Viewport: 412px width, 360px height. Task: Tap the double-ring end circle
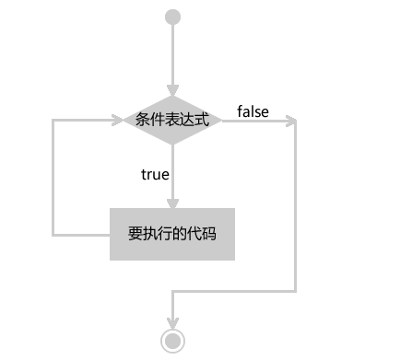(172, 339)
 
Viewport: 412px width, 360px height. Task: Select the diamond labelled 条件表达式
(172, 121)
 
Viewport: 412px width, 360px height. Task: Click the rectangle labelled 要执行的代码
(172, 234)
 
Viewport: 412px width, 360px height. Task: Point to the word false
(253, 112)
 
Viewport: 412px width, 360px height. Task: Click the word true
(155, 173)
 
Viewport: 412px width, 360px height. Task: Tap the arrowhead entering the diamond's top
(172, 90)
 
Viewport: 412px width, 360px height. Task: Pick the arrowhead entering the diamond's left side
(117, 121)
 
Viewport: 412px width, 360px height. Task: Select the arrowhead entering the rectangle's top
(172, 203)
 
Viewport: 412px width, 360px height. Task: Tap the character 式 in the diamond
(203, 121)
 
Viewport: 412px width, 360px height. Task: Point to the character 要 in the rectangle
(135, 234)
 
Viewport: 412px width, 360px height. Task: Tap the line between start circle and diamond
(172, 55)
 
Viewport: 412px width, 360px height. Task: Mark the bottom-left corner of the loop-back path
(53, 234)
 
